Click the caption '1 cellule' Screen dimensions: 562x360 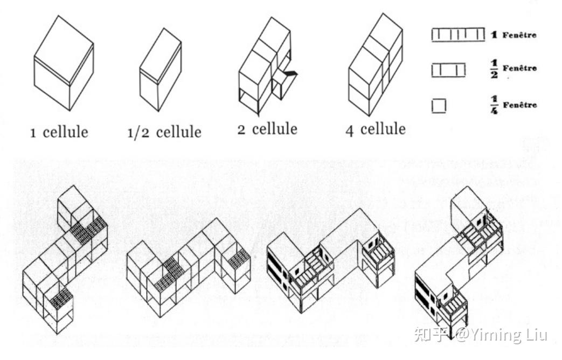click(x=59, y=132)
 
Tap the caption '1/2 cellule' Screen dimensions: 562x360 click(x=164, y=132)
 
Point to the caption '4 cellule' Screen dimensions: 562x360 click(x=376, y=129)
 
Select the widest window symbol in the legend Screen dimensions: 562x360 click(x=457, y=35)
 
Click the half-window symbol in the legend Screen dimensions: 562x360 click(x=448, y=70)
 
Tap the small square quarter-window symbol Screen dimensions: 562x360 click(x=439, y=106)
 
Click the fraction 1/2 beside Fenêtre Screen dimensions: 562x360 click(x=493, y=69)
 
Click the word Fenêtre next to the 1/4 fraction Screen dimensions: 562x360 click(x=519, y=105)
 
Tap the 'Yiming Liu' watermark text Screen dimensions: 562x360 click(x=509, y=335)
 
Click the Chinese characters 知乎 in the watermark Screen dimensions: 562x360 click(x=429, y=335)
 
